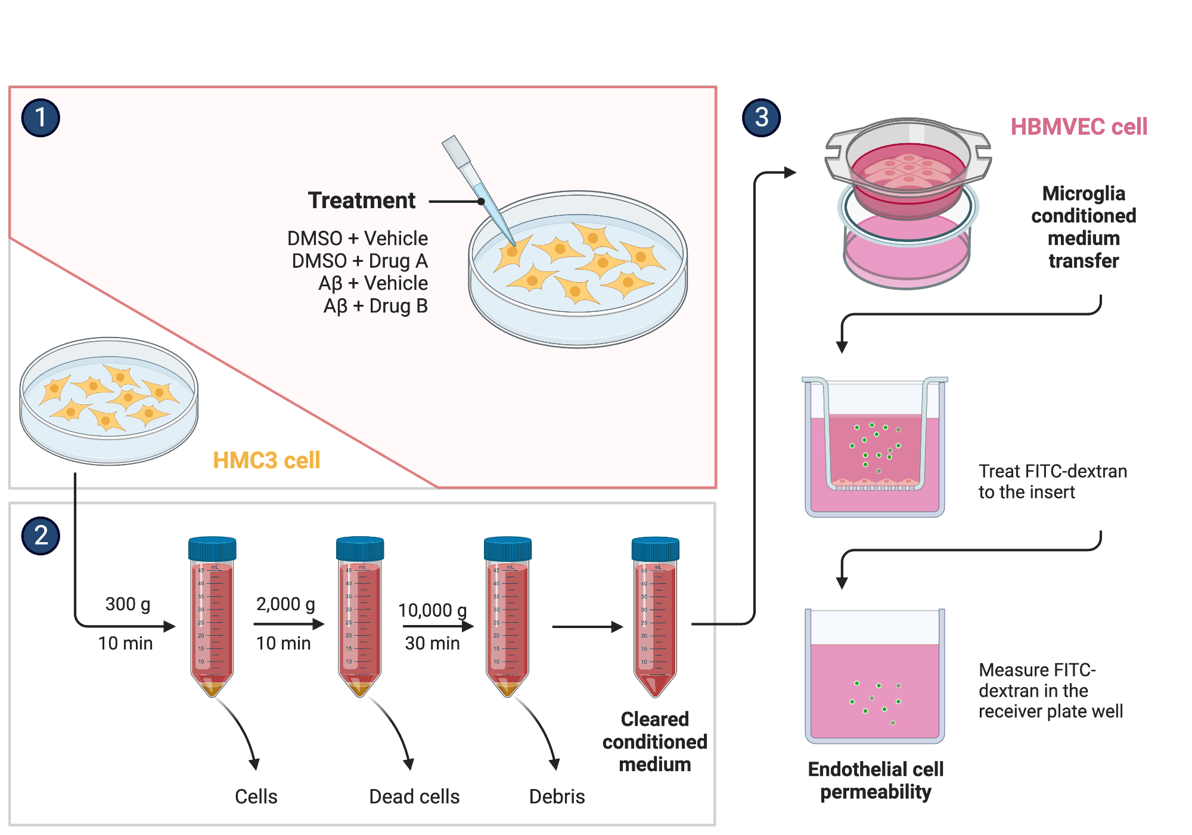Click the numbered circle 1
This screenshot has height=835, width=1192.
coord(41,117)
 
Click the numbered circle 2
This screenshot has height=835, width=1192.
coord(41,536)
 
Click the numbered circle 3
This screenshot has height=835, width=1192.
coord(761,117)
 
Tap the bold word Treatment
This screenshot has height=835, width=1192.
coord(361,200)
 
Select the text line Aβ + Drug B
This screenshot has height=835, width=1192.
coord(375,306)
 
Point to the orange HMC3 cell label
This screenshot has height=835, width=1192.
coord(266,460)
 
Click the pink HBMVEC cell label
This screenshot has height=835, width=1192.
coord(1078,126)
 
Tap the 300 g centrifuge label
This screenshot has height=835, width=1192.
coord(128,604)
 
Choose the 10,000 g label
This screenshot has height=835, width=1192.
coord(432,610)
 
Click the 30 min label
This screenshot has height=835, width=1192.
coord(432,643)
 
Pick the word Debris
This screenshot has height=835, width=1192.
coord(557,796)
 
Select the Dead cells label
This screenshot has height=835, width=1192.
coord(414,796)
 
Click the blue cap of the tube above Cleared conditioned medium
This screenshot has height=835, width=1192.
coord(655,549)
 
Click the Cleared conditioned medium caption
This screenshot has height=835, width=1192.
coord(654,741)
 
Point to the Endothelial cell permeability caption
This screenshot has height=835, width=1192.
coord(875,780)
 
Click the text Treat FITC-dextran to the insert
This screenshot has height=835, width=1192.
coord(1052,481)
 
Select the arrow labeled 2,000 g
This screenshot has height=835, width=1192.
coord(288,624)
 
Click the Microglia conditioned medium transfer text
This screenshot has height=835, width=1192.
coord(1083,227)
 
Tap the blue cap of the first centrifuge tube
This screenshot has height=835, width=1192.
coord(212,549)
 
